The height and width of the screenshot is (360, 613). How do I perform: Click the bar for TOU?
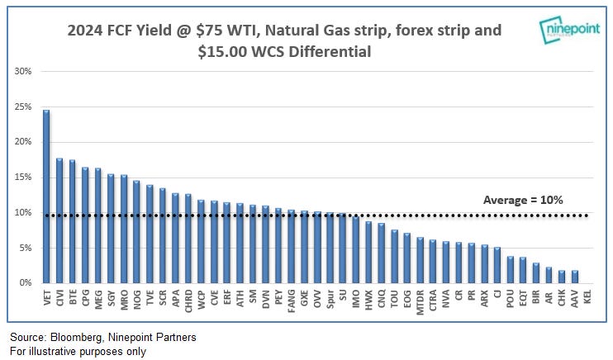(x=394, y=256)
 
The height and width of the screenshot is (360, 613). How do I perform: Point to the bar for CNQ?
(x=381, y=253)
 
